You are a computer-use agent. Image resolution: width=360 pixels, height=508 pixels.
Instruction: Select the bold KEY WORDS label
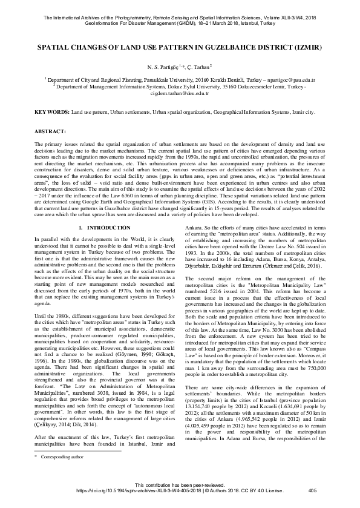(51, 113)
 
